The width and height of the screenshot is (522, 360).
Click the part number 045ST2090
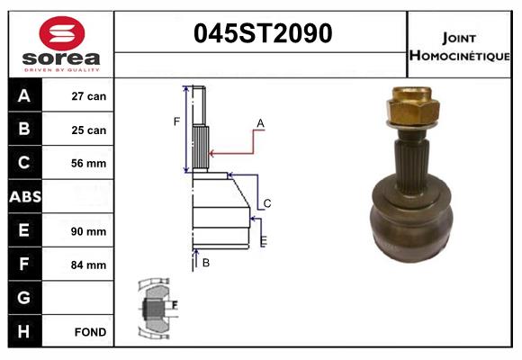pyautogui.click(x=263, y=34)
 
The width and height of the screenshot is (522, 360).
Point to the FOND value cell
pyautogui.click(x=89, y=332)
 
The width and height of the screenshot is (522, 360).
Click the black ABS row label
pyautogui.click(x=24, y=197)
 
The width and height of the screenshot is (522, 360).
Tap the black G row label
pyautogui.click(x=24, y=298)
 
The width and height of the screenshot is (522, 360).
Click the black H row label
pyautogui.click(x=24, y=332)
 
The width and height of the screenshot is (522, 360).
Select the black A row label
pyautogui.click(x=24, y=96)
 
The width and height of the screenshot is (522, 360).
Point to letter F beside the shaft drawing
pyautogui.click(x=177, y=121)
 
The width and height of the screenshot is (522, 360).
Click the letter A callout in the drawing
pyautogui.click(x=260, y=122)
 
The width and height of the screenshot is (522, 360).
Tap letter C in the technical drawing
pyautogui.click(x=267, y=202)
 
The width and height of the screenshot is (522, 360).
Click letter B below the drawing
pyautogui.click(x=206, y=263)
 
